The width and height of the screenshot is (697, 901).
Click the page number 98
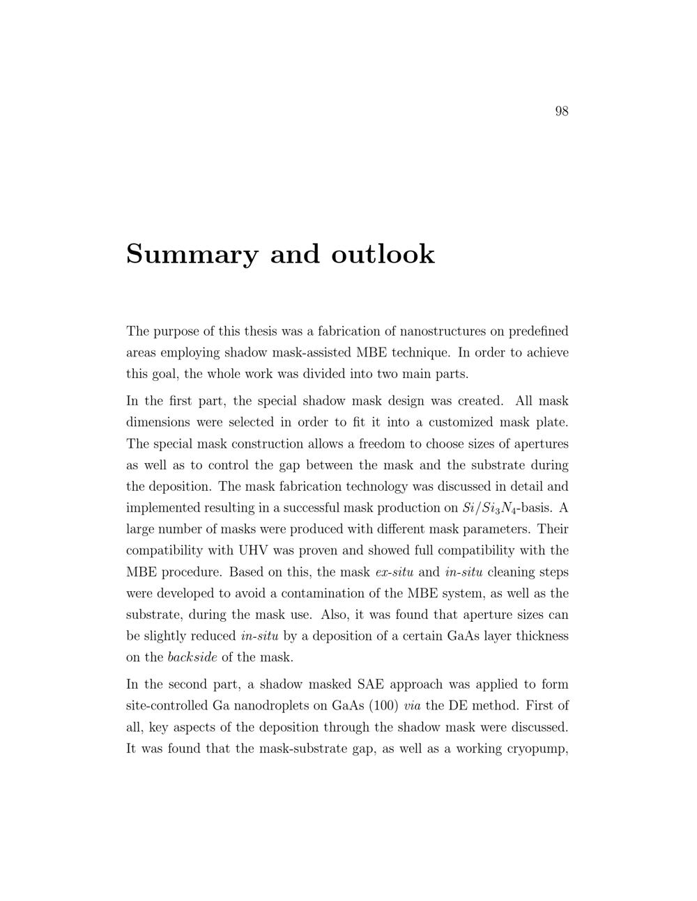coord(561,111)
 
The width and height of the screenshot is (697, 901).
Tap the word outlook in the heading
coord(383,254)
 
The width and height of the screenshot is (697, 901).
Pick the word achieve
coord(547,352)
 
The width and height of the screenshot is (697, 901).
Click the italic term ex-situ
coord(395,572)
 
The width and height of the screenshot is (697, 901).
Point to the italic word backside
coord(192,657)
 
